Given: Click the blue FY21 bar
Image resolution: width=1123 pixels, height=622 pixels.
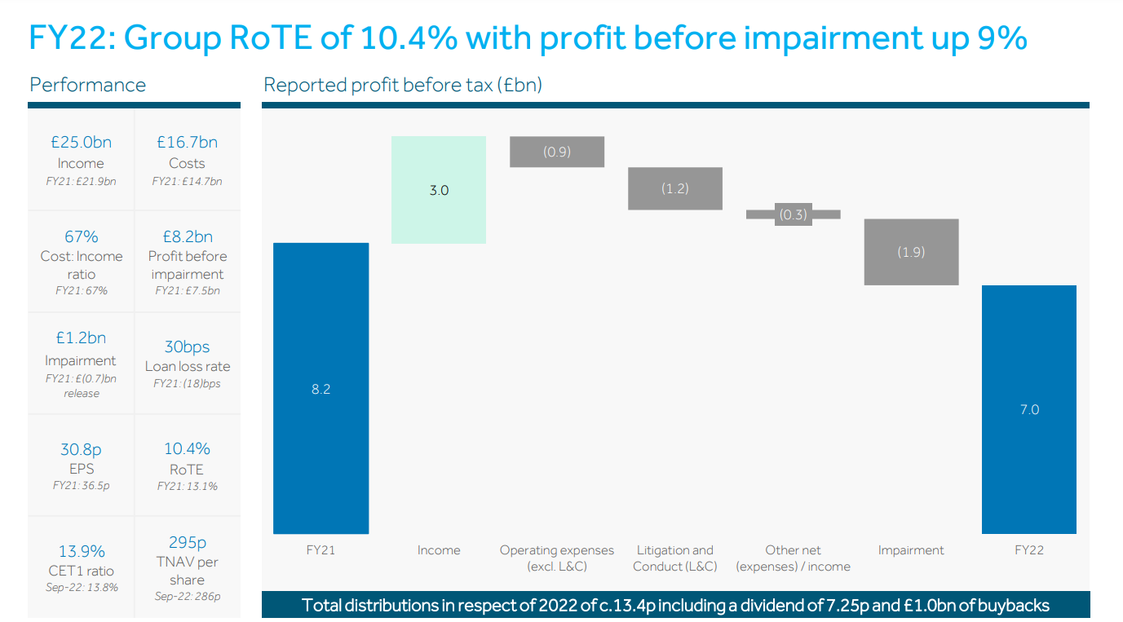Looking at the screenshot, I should [321, 388].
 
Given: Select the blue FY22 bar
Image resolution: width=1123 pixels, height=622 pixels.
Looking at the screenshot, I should [1028, 409].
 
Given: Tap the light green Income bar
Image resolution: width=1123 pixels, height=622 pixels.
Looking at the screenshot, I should [439, 190].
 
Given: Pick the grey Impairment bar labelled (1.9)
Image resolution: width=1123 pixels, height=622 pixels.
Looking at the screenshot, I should [911, 252].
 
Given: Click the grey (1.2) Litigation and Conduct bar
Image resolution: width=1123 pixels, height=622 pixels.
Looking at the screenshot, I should [674, 188].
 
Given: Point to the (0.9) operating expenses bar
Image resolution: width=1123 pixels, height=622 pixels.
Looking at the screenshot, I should [557, 152].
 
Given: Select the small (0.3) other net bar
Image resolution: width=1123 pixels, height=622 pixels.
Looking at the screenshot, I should [793, 214].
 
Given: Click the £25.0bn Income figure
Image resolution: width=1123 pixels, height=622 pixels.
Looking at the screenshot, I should [81, 143].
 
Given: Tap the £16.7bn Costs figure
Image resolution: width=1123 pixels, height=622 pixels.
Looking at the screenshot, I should [187, 143].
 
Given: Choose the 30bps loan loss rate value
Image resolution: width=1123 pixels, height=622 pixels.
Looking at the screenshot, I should [187, 346].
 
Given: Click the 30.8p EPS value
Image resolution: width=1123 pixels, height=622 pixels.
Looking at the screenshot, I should [81, 449].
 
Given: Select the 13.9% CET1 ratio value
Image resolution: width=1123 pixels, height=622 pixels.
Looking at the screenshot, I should [81, 551].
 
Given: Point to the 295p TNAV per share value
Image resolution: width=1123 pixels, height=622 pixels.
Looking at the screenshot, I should [187, 542].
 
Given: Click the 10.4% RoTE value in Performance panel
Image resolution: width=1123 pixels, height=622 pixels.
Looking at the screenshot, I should [187, 449].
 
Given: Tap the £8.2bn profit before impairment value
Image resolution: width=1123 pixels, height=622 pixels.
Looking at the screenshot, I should [187, 236].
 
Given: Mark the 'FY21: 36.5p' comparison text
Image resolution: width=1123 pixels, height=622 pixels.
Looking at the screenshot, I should [81, 486].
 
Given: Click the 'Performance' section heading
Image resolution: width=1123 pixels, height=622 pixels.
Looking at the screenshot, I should [87, 85].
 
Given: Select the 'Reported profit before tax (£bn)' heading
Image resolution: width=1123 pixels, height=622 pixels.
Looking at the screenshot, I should [403, 85].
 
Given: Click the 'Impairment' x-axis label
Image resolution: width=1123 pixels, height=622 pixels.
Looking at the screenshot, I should [911, 550].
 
